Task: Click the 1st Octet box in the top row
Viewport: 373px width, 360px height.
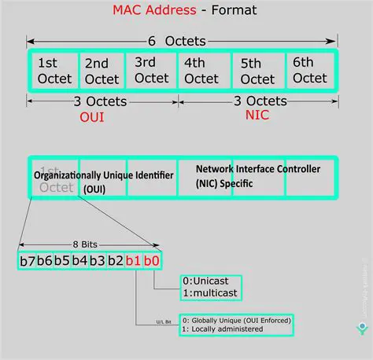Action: [54, 71]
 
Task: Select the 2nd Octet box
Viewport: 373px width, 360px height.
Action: [102, 71]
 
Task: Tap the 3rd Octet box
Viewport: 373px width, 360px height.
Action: [151, 71]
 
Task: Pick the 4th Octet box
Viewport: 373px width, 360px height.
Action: [201, 71]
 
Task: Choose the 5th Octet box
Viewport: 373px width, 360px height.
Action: [258, 71]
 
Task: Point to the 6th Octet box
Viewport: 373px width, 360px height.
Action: [310, 71]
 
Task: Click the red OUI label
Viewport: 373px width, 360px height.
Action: [91, 117]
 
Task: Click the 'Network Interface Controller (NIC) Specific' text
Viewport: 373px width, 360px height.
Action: [257, 176]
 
